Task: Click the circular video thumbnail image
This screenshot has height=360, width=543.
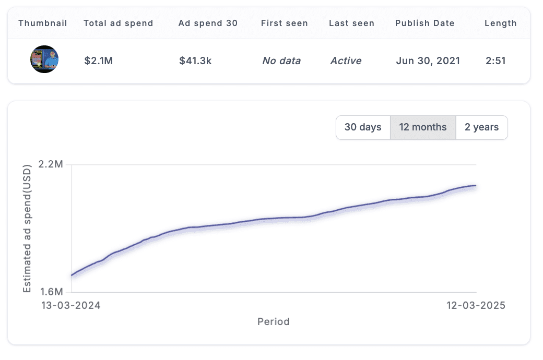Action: point(44,59)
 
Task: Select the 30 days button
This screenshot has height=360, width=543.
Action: point(363,127)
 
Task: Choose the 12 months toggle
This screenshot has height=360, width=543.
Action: point(423,127)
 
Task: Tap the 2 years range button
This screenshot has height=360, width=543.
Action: point(481,127)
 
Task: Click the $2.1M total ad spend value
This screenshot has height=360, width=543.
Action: point(99,61)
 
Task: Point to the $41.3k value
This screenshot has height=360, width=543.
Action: point(195,61)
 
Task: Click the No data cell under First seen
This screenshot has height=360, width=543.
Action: point(281,61)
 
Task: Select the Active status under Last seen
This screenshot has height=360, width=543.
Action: point(346,61)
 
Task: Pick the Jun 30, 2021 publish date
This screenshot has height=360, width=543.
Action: point(428,61)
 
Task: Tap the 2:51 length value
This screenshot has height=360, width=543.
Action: point(495,61)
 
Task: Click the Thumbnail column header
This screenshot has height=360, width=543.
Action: point(43,23)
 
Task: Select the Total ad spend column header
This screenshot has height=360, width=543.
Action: point(119,23)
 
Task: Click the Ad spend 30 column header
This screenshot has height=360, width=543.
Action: point(208,23)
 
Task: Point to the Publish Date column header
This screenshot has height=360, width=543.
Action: point(425,23)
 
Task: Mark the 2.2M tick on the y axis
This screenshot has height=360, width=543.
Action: point(51,164)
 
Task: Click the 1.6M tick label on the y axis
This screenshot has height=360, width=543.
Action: point(51,292)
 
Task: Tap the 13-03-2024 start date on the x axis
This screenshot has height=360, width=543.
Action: point(71,305)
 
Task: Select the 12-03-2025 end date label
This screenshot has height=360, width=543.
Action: point(476,305)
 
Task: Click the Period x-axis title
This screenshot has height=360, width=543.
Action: point(274,321)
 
